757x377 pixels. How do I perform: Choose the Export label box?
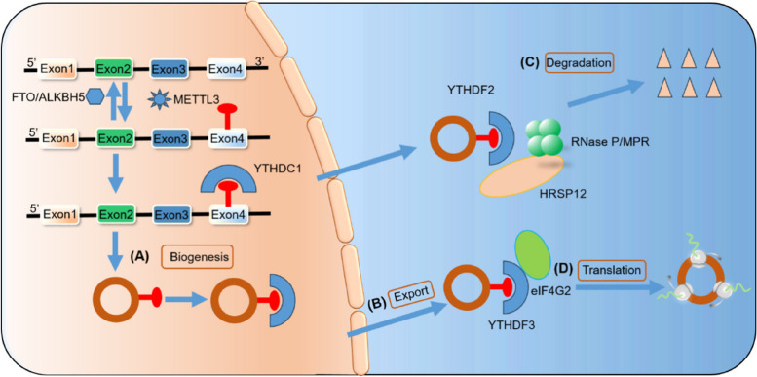coord(411,292)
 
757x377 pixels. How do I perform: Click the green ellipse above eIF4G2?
coord(533,254)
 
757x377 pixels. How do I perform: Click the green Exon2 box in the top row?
coord(113,70)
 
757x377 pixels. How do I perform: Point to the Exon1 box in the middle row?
coord(57,139)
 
